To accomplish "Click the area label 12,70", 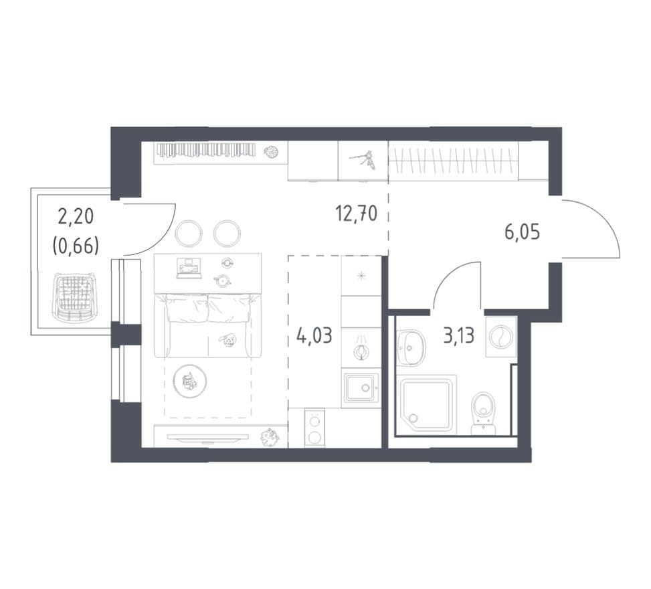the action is [x=356, y=214].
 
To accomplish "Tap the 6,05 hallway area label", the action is [x=523, y=232].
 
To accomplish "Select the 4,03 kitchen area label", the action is [x=314, y=335].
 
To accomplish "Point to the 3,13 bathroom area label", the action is [x=459, y=335].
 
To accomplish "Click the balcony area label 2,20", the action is [x=76, y=217].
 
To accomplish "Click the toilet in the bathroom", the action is [x=484, y=413].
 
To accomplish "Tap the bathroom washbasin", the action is [x=411, y=347].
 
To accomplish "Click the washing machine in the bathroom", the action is [x=501, y=337].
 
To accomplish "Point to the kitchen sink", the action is [x=361, y=388].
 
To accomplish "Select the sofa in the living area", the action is [x=208, y=325].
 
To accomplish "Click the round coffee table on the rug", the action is [x=189, y=382].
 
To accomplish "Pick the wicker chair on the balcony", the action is [x=73, y=296].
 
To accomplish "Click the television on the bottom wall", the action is [x=208, y=437].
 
